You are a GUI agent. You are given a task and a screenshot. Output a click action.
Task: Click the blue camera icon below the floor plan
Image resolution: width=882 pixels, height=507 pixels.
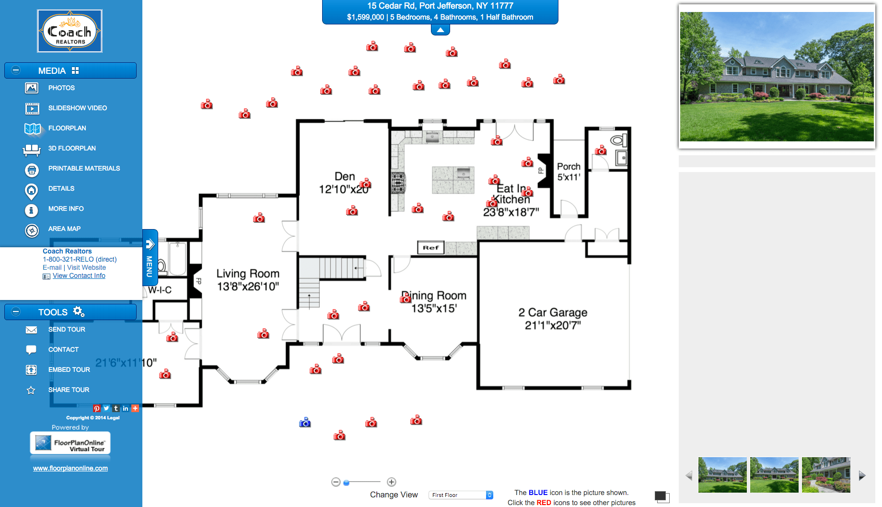tap(305, 423)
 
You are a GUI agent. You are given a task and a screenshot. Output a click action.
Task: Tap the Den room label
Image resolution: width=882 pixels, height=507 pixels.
tap(344, 177)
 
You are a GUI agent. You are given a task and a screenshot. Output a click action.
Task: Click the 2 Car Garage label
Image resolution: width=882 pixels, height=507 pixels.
tap(553, 313)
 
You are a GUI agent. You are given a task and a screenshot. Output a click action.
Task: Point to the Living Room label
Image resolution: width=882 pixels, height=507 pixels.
tap(247, 274)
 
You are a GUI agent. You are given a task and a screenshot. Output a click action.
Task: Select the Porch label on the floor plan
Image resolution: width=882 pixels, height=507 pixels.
tap(569, 167)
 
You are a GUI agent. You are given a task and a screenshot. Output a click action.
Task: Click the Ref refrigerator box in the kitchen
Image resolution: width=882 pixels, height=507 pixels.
tap(430, 248)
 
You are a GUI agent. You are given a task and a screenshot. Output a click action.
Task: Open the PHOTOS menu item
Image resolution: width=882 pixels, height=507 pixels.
tap(61, 88)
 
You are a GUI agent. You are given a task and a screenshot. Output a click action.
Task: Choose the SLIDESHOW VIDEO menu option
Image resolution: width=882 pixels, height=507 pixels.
tap(77, 108)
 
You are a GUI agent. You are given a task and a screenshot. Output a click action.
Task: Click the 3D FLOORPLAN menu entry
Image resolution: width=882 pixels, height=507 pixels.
tap(72, 149)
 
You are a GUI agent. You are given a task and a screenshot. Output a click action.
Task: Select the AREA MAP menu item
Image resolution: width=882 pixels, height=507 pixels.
tap(64, 229)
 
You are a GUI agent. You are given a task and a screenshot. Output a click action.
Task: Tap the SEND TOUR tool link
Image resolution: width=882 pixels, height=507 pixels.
tap(67, 330)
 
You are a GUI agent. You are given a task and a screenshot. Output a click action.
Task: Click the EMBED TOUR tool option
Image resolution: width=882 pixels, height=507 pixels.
tap(69, 370)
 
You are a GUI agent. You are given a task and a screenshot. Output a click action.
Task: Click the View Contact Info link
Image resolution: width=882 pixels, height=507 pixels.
tap(79, 276)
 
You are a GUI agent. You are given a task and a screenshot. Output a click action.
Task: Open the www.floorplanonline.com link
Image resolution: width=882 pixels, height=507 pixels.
tap(70, 469)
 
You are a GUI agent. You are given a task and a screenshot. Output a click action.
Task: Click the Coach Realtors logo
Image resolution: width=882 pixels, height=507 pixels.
tap(70, 31)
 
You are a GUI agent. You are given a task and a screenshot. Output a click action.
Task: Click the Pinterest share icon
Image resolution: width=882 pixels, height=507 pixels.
tap(97, 409)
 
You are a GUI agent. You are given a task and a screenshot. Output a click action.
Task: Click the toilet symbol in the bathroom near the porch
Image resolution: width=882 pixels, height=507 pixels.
tap(617, 140)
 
